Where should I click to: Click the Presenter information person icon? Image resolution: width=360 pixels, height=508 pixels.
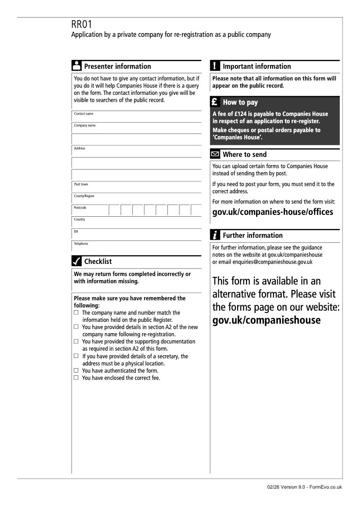click(76, 66)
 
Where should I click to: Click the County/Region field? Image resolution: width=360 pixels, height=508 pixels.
click(136, 198)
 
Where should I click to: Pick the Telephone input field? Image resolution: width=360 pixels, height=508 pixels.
click(136, 246)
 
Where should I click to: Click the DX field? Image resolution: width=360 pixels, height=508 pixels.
click(136, 234)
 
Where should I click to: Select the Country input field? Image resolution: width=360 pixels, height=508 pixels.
click(136, 222)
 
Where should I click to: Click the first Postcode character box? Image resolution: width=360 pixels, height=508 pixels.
click(114, 210)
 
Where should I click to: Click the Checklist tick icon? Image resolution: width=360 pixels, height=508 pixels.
click(76, 261)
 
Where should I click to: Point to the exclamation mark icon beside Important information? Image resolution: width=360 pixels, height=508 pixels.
click(216, 66)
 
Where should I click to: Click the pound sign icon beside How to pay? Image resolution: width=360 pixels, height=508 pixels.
click(216, 102)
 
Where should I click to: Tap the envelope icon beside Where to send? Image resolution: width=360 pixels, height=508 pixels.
click(216, 155)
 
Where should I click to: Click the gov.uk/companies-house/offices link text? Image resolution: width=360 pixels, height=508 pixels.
click(273, 212)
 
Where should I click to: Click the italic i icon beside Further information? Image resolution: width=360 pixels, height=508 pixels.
click(216, 235)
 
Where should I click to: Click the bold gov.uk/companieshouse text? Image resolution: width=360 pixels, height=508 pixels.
click(266, 320)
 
